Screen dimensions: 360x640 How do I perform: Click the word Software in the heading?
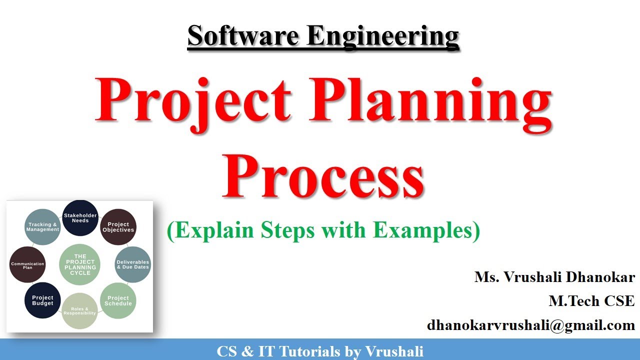(x=243, y=36)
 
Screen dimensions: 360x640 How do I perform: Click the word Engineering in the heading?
(x=383, y=36)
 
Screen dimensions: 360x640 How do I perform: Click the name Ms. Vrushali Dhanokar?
(x=554, y=277)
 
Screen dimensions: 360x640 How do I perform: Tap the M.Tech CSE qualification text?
(x=591, y=301)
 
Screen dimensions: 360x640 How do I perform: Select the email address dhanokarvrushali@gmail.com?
(x=530, y=325)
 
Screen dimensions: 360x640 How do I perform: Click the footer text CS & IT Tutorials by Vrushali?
(x=320, y=351)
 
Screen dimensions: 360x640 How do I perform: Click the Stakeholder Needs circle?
(x=80, y=218)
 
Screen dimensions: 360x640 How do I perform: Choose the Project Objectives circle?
(x=118, y=227)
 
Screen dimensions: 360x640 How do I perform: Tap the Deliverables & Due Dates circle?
(x=132, y=264)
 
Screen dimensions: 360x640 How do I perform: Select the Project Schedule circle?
(x=118, y=300)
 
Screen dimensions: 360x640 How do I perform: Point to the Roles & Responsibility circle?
(x=80, y=311)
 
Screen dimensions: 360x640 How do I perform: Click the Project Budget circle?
(x=42, y=300)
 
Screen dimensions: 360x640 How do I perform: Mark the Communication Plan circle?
(x=27, y=265)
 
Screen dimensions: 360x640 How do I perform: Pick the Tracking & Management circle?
(x=43, y=227)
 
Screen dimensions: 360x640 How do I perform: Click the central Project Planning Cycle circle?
(x=80, y=264)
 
